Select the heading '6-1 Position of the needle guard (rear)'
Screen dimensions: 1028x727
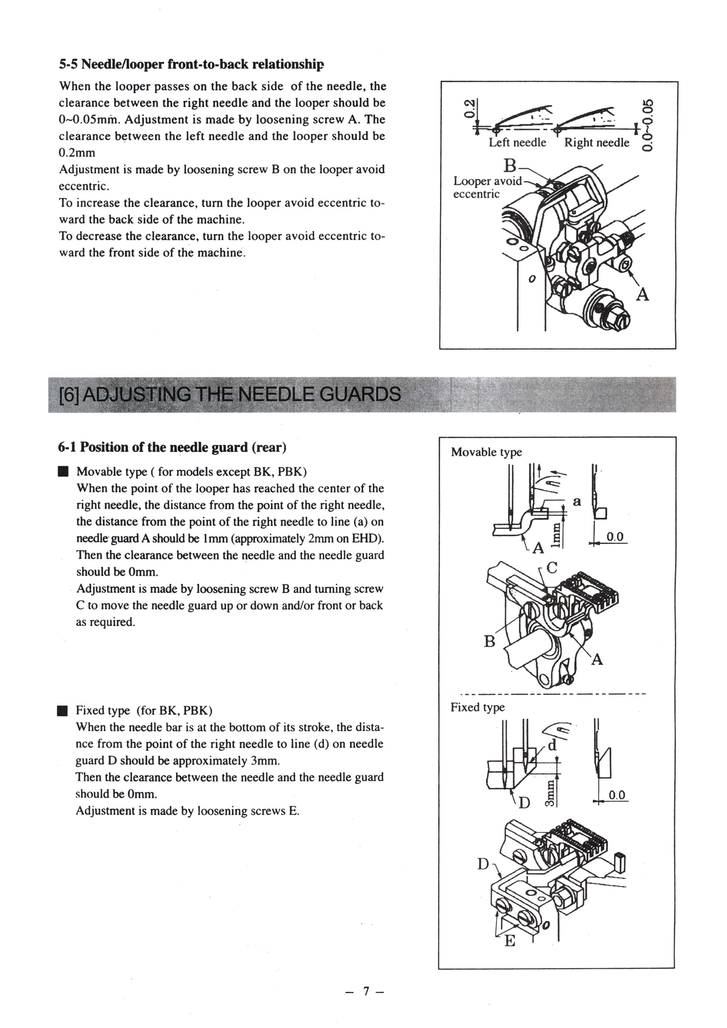point(172,447)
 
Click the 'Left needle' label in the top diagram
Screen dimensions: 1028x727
point(517,143)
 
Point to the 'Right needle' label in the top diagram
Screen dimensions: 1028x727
point(597,143)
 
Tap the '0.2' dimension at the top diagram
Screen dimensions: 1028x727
point(468,109)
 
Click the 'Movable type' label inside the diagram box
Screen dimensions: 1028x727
point(486,452)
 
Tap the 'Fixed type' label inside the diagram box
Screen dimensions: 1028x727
point(478,707)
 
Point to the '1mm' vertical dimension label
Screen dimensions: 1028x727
point(556,535)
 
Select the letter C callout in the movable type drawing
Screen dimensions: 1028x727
point(552,568)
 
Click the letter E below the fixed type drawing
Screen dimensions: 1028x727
point(510,942)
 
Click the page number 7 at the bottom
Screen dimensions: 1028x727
point(366,991)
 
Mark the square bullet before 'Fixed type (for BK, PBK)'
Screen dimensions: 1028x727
point(63,711)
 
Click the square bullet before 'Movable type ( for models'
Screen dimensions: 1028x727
point(63,472)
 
